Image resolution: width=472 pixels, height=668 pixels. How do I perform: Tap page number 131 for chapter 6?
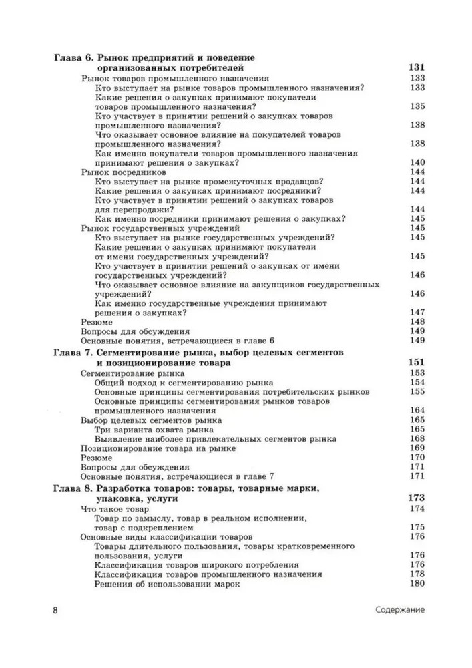[x=416, y=67]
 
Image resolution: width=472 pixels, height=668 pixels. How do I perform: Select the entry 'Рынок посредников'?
[x=115, y=172]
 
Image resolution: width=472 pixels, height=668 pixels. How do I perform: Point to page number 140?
[x=418, y=162]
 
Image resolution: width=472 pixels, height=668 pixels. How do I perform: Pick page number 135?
[x=418, y=106]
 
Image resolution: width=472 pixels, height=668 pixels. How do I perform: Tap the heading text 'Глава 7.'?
[x=74, y=352]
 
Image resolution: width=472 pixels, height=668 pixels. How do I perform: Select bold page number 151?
[x=416, y=362]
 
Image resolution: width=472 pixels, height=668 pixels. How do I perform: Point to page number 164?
[x=418, y=410]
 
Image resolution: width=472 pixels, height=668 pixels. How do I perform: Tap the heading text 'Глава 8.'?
[x=74, y=489]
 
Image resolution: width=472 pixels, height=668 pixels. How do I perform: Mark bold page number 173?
[x=416, y=499]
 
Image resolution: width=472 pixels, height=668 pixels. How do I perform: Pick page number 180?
[x=418, y=584]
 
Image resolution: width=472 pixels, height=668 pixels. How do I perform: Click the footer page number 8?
[x=56, y=610]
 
